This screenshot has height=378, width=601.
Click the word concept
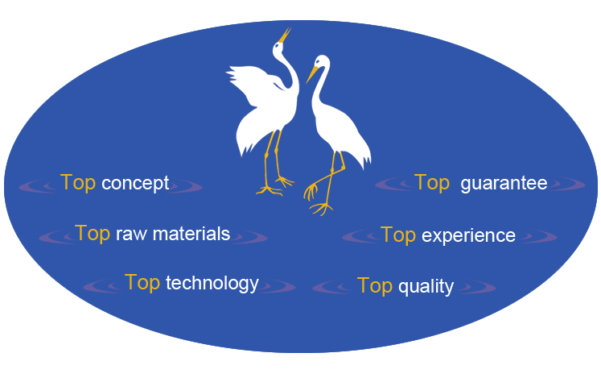135,184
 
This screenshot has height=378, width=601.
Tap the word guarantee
504,184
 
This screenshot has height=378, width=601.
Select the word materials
191,234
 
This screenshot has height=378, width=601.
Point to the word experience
468,236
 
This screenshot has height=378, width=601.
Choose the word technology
212,284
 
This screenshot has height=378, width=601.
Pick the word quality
426,287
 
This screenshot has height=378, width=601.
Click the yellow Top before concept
78,183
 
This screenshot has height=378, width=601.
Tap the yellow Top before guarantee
432,183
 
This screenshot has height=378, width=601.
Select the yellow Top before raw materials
93,234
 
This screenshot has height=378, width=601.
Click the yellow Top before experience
398,235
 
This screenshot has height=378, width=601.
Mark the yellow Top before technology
142,283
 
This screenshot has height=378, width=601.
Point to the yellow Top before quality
375,286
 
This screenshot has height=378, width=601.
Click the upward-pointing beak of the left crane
284,35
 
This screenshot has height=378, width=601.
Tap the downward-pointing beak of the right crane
312,74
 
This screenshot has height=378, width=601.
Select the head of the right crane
322,63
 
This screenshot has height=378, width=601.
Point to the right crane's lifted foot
311,191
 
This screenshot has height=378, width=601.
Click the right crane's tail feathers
362,156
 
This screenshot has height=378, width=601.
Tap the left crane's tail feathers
245,142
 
